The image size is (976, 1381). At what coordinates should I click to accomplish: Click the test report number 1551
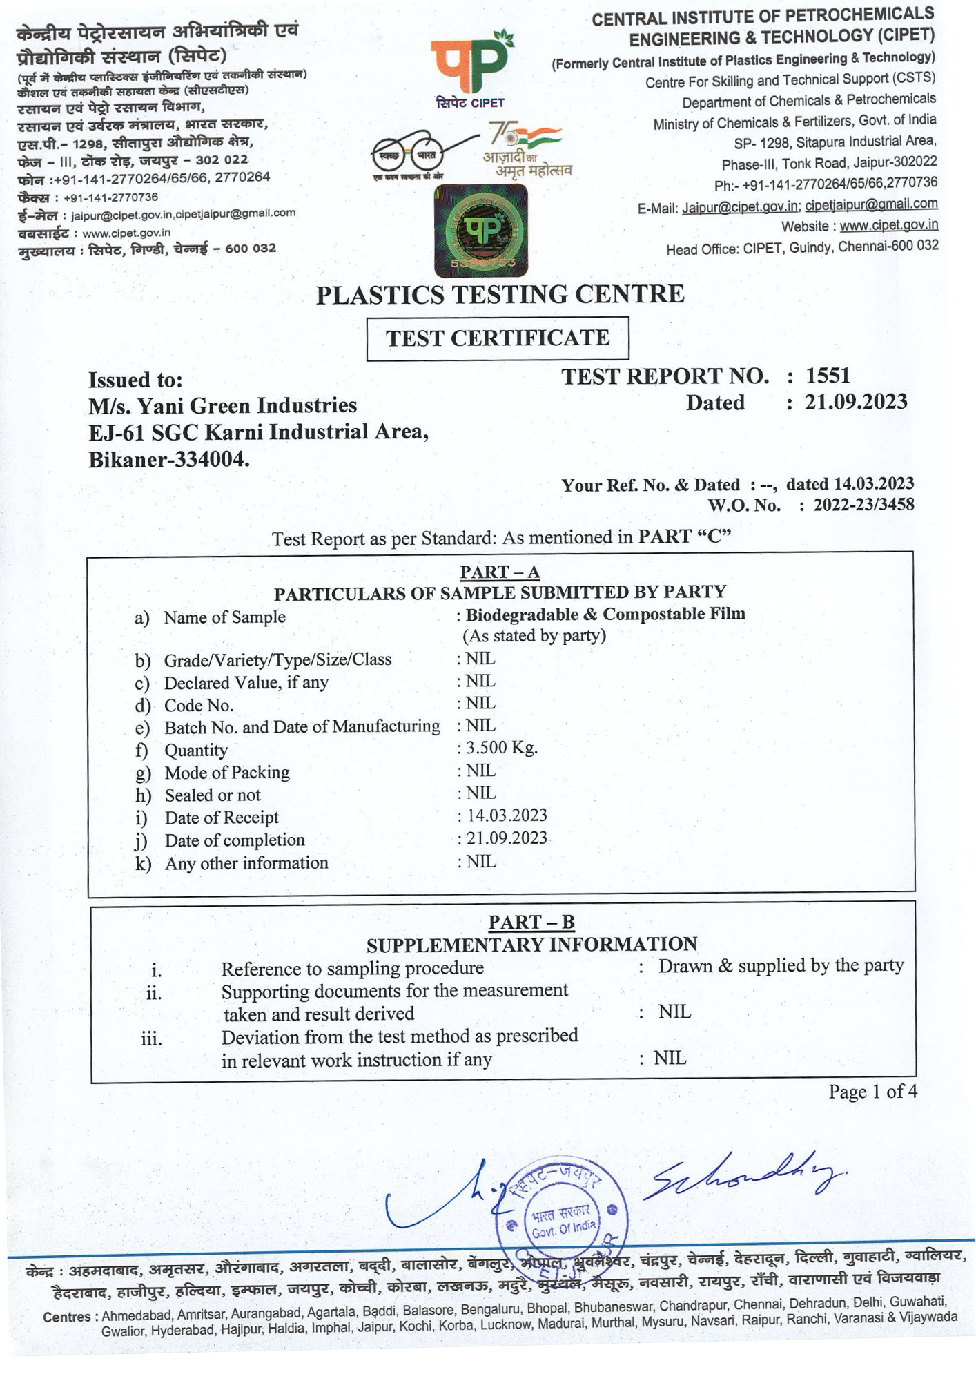pos(828,376)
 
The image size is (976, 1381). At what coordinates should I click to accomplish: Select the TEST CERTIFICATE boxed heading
pos(498,338)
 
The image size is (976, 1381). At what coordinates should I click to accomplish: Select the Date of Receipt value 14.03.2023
pos(507,815)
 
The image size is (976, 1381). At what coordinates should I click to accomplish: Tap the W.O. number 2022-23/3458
pos(863,505)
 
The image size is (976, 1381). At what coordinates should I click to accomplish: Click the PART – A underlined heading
pos(500,572)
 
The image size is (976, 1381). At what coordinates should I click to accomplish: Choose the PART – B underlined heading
pos(531,923)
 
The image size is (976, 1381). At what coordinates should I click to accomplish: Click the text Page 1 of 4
pos(872,1092)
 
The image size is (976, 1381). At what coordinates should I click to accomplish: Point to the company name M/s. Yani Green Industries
pos(223,405)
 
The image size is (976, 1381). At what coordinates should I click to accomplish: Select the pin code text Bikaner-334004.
pos(169,460)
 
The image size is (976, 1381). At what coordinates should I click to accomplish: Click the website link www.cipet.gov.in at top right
pos(888,225)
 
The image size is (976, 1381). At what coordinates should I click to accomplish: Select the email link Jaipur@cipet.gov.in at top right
pos(740,207)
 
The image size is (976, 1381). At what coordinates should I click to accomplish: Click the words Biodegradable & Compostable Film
pos(605,615)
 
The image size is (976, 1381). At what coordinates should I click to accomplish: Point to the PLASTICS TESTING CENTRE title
pos(500,295)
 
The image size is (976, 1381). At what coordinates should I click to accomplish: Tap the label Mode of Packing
pos(227,773)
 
